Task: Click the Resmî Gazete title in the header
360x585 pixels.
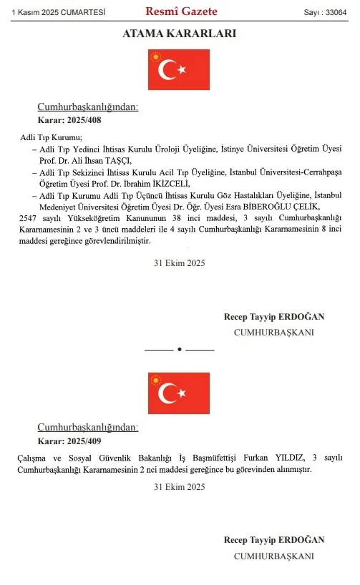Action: click(x=181, y=11)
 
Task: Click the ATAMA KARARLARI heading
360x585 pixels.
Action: click(x=180, y=34)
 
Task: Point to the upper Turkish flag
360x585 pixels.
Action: click(x=179, y=69)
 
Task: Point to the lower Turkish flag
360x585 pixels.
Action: click(x=179, y=393)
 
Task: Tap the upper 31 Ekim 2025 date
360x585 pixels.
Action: click(x=180, y=263)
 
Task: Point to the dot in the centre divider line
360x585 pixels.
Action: click(x=180, y=350)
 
